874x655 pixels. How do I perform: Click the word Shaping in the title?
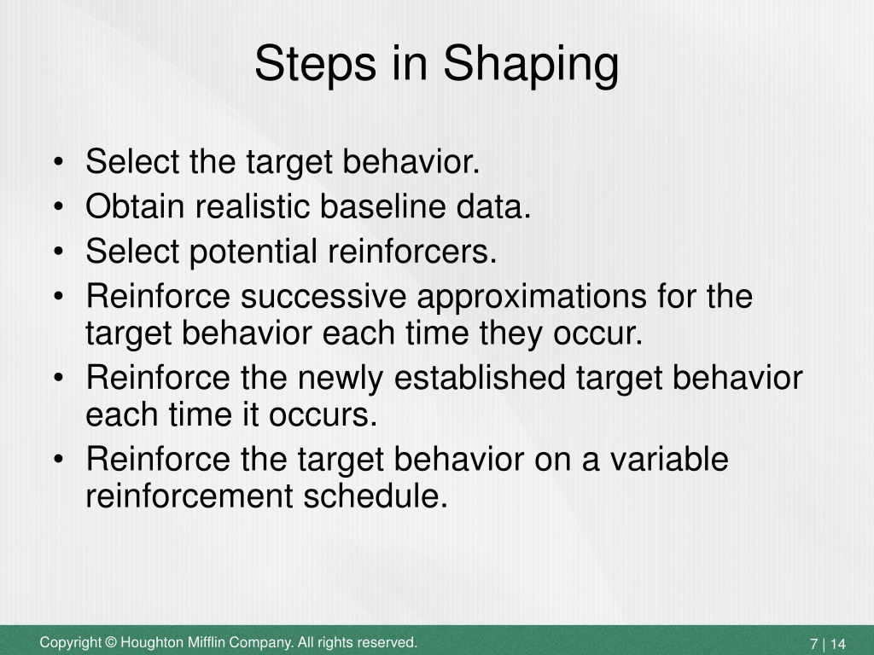(x=531, y=65)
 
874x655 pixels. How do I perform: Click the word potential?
(x=253, y=252)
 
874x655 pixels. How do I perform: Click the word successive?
(x=323, y=296)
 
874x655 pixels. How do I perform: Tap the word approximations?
(x=532, y=297)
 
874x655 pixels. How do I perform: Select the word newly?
(x=341, y=379)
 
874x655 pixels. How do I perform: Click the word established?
(x=480, y=377)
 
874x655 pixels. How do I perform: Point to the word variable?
(x=669, y=460)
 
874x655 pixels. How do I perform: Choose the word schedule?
(x=376, y=496)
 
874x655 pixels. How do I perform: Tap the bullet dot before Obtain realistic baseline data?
(x=59, y=206)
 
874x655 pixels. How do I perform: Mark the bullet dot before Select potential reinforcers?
(x=59, y=252)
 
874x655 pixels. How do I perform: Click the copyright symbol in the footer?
(x=111, y=642)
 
